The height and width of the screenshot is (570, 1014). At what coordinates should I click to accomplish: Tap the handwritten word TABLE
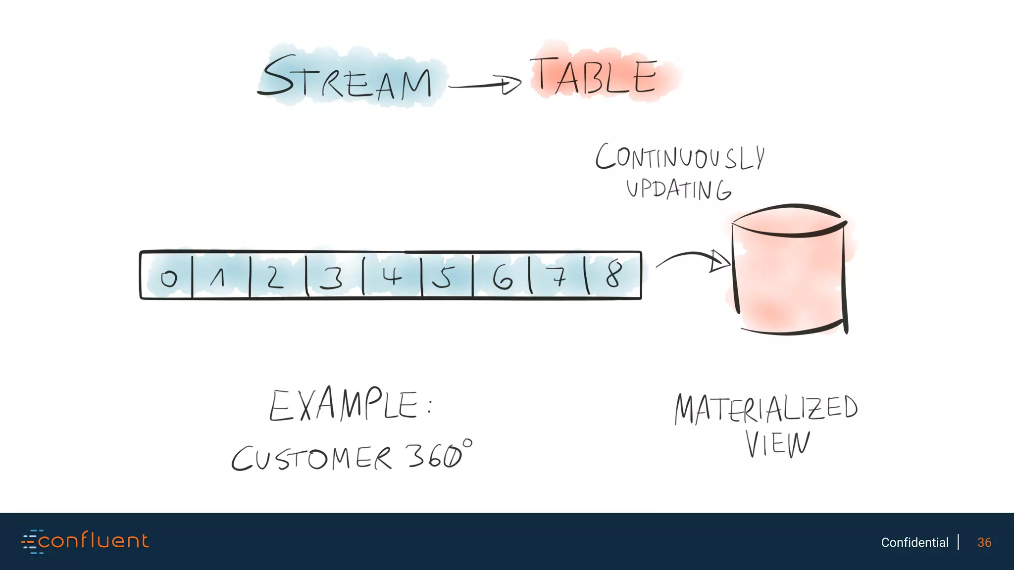click(x=597, y=75)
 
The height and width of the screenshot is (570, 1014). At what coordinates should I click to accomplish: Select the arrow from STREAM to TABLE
click(x=485, y=85)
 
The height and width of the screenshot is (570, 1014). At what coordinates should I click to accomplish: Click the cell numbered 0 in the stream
click(x=167, y=276)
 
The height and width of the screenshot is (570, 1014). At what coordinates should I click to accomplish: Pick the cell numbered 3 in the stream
click(x=334, y=276)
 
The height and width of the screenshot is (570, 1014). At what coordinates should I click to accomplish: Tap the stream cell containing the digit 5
click(x=446, y=276)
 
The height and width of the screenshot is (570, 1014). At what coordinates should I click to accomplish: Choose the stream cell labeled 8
click(x=614, y=275)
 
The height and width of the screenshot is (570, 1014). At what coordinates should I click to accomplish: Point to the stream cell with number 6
click(x=501, y=276)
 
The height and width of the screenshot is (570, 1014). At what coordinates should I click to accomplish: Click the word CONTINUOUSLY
click(x=680, y=157)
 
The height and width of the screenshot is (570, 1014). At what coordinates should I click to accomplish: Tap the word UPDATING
click(x=678, y=189)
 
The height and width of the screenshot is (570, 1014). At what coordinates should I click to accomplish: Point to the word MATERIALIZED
click(x=765, y=409)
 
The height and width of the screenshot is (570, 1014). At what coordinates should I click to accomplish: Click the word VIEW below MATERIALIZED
click(x=777, y=443)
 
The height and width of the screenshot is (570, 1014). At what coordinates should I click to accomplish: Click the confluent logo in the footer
click(x=85, y=541)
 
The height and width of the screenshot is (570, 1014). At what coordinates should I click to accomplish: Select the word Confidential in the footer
click(x=914, y=542)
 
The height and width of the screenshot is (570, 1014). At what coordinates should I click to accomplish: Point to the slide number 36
click(x=984, y=542)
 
